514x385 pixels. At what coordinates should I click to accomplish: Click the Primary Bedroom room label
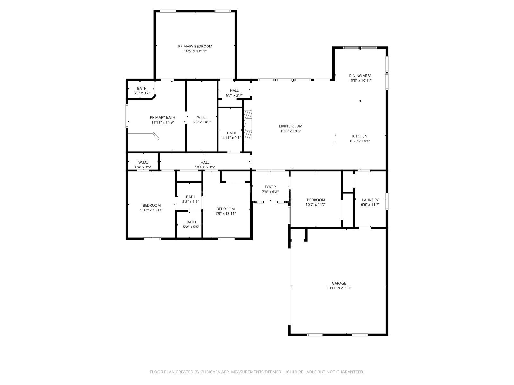(195, 46)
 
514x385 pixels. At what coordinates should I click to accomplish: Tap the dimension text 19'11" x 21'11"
(339, 288)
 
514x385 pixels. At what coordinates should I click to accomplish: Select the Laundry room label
(370, 200)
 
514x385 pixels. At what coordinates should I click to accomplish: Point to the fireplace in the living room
(248, 124)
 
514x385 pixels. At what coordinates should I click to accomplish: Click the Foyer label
(270, 187)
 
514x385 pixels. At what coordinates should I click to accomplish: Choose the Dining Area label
(360, 76)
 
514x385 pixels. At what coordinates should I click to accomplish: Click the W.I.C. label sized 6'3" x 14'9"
(202, 117)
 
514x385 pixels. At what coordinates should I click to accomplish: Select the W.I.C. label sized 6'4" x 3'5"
(143, 162)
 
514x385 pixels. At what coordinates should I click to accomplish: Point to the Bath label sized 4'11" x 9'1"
(232, 133)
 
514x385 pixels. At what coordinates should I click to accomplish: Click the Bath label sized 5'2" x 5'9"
(191, 197)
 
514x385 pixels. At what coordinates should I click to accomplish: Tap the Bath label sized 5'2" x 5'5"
(191, 222)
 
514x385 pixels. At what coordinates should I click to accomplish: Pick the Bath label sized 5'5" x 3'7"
(142, 88)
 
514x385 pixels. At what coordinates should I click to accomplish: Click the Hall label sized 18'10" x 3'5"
(205, 162)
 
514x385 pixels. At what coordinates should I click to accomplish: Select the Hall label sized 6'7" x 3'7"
(234, 90)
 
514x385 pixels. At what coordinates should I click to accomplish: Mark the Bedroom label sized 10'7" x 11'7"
(316, 200)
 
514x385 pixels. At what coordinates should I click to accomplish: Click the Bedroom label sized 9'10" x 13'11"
(152, 205)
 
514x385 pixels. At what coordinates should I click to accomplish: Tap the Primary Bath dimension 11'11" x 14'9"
(163, 122)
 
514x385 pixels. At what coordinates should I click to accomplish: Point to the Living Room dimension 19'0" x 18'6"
(290, 131)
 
